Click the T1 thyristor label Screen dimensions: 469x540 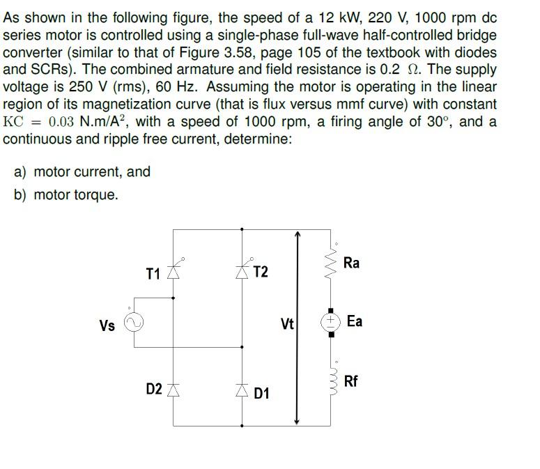coord(153,272)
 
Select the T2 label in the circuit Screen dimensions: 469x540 coord(260,272)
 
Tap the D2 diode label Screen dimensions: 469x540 coord(155,387)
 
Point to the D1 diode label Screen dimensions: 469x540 coord(261,394)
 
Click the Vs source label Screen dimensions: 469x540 coord(107,325)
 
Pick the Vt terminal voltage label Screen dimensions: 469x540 coord(287,324)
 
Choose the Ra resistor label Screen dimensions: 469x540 coord(352,263)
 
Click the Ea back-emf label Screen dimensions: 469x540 coord(354,321)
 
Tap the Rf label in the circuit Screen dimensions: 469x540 coord(352,381)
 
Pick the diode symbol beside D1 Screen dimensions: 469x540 coord(242,388)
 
